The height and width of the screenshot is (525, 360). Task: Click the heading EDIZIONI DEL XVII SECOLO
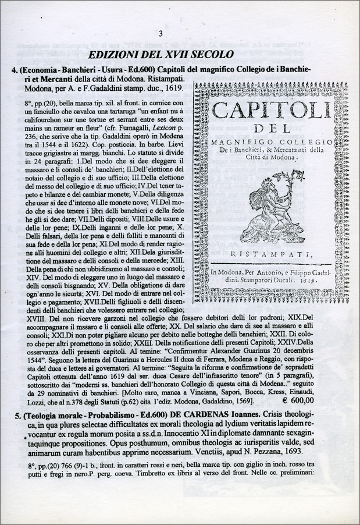(x=161, y=55)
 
